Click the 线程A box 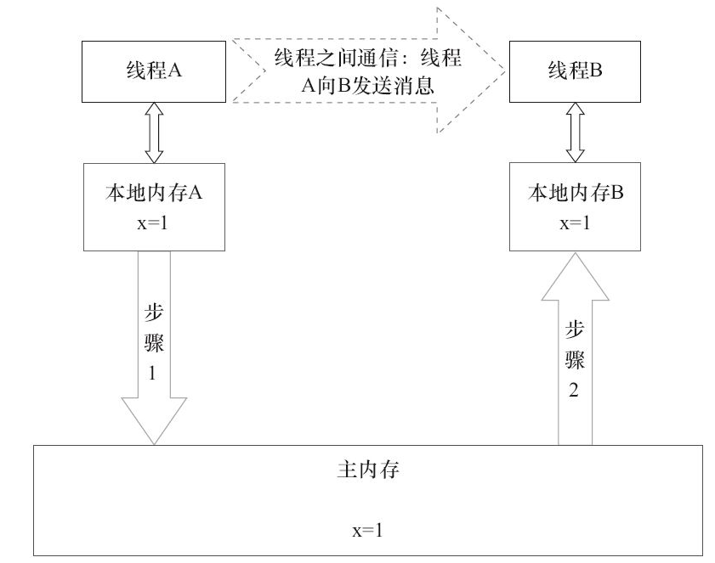[x=154, y=70]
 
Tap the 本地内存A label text [x=153, y=193]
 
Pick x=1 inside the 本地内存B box [x=576, y=224]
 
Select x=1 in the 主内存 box [x=368, y=531]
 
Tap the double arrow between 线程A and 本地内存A [x=154, y=132]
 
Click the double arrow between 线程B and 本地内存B [x=576, y=132]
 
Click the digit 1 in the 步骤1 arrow [x=154, y=373]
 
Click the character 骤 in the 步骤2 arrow [x=576, y=360]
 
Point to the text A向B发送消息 [x=367, y=85]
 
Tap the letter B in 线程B [x=596, y=70]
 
